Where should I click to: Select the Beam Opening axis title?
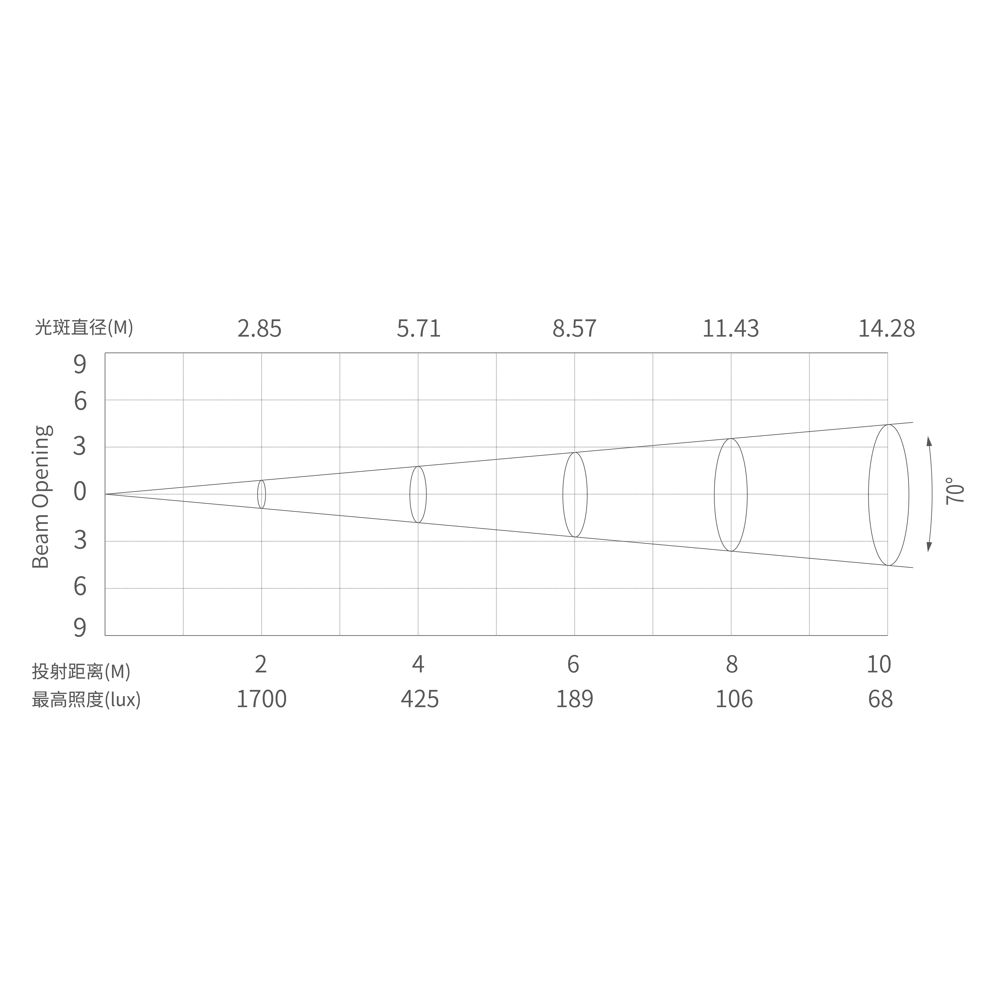[x=42, y=497]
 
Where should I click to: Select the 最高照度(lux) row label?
[x=86, y=699]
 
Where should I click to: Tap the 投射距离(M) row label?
[x=81, y=671]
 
